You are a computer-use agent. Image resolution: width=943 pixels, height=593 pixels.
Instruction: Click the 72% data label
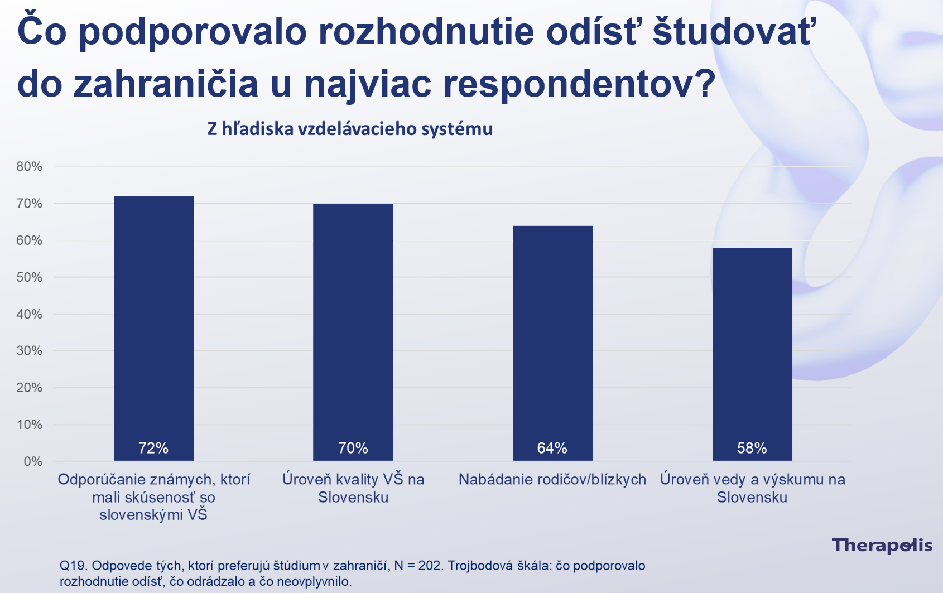[153, 448]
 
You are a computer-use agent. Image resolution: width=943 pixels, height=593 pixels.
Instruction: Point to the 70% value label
[353, 448]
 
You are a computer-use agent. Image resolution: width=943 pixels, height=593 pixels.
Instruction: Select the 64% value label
[552, 448]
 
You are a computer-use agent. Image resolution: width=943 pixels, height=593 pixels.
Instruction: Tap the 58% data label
[752, 448]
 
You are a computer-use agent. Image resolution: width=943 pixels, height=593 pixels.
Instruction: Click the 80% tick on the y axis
[30, 167]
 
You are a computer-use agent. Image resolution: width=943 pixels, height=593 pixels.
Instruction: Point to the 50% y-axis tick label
[30, 277]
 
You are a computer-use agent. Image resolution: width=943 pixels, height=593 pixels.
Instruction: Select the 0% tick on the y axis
[33, 461]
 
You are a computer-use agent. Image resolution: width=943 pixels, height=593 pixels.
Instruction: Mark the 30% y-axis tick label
[30, 351]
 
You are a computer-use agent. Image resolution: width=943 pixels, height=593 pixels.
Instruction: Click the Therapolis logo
[882, 546]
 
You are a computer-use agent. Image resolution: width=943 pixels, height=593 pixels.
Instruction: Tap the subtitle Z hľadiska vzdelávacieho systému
[350, 129]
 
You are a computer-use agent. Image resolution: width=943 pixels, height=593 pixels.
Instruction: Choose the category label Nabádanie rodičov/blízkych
[552, 479]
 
